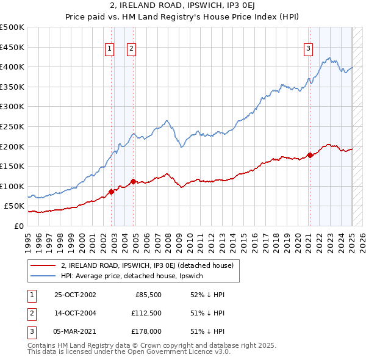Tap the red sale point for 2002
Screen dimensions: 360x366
112,192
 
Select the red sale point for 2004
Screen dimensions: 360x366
134,181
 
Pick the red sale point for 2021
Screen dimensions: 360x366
309,155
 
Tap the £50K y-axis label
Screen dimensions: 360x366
14,206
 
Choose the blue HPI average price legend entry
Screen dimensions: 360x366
135,276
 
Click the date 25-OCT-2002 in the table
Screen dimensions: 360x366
75,295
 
